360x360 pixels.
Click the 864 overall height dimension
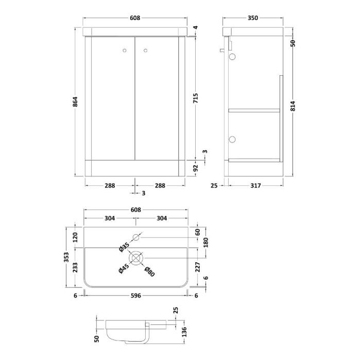coord(76,102)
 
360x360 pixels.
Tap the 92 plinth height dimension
coord(196,167)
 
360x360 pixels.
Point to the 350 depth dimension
coord(252,18)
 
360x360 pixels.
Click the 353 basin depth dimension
coord(66,257)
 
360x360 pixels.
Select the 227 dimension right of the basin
coord(198,267)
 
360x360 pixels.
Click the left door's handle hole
coord(125,50)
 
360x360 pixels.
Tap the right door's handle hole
coord(146,50)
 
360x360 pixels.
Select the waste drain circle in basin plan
coord(136,258)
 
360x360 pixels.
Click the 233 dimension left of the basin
coord(76,267)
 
